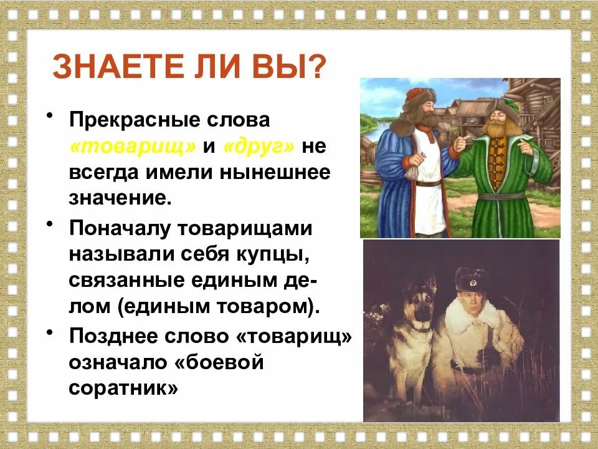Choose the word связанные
coord(124,281)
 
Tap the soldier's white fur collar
coord(467,318)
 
